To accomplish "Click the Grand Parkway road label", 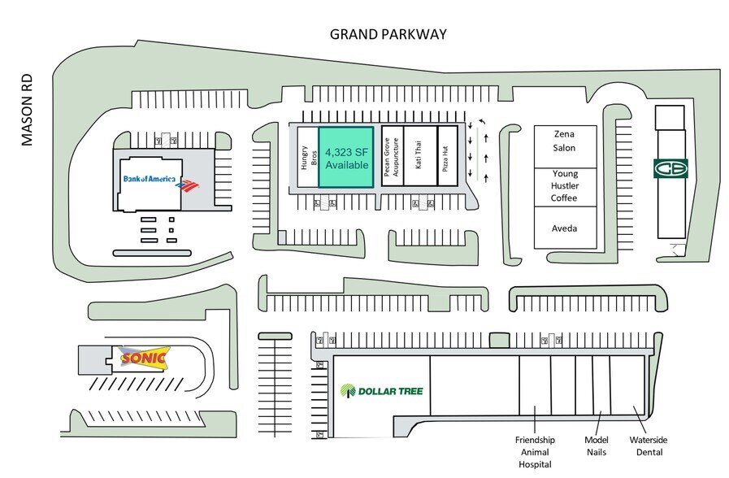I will [x=388, y=34].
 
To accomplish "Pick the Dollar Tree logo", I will [x=382, y=391].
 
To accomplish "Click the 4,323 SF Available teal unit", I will [x=345, y=158].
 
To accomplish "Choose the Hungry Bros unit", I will [x=306, y=158].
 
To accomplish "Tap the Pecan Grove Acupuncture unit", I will [x=392, y=157].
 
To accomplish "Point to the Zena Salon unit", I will [x=565, y=141].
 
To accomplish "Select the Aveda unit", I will [x=565, y=228].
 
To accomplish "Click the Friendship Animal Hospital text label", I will [x=534, y=451].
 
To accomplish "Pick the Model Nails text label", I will [x=597, y=445].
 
